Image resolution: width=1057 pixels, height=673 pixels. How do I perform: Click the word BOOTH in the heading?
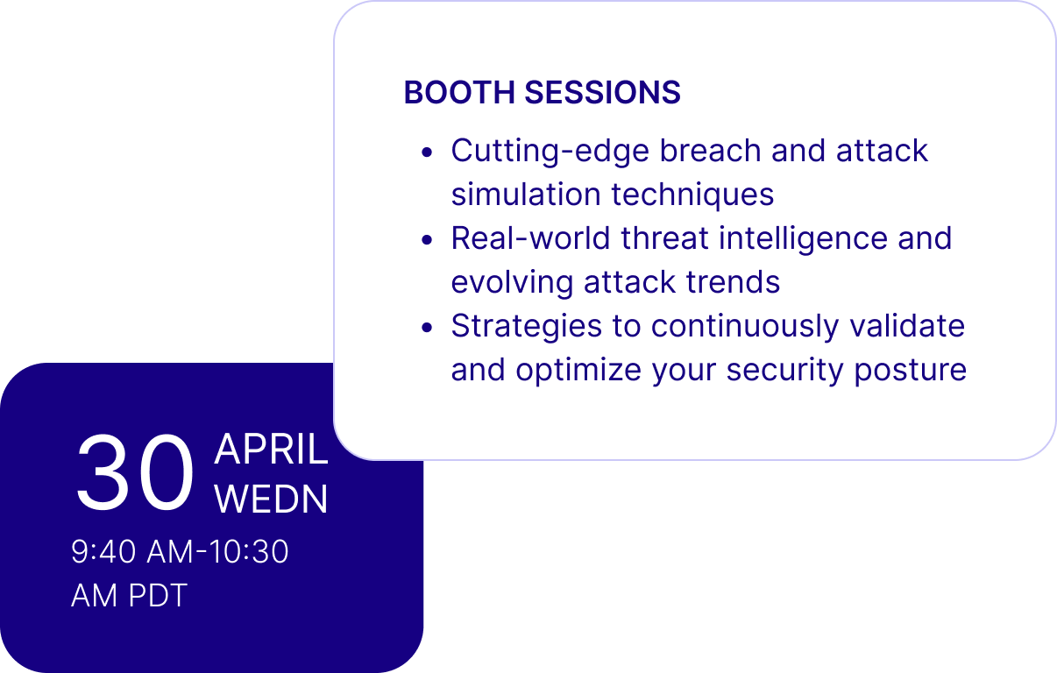[x=459, y=92]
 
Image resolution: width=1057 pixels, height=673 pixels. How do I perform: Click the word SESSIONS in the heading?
[x=603, y=92]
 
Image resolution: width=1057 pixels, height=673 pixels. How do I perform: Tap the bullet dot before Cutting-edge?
[x=427, y=152]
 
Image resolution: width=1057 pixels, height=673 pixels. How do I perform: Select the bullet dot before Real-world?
[x=427, y=240]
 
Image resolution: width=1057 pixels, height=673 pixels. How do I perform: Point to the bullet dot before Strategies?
[x=427, y=328]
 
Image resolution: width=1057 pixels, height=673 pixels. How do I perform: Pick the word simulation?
[x=526, y=195]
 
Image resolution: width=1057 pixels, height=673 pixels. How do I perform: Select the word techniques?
[x=692, y=195]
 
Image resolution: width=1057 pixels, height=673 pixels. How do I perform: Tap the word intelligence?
[x=803, y=239]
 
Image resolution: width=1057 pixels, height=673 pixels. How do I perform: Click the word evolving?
[x=512, y=283]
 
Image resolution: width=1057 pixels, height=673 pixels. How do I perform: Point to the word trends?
[x=733, y=282]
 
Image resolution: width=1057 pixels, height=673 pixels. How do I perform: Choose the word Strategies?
[x=527, y=327]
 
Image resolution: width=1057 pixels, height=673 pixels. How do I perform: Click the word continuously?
[x=745, y=327]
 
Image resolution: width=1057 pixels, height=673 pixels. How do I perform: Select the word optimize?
[x=578, y=370]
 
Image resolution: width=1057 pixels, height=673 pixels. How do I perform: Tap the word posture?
[x=911, y=371]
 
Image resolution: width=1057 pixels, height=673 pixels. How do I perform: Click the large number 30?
[x=135, y=472]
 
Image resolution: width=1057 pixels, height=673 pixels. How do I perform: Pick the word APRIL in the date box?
[x=271, y=450]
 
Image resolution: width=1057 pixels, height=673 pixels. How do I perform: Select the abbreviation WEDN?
[x=271, y=499]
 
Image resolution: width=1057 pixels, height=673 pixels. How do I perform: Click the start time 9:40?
[x=103, y=551]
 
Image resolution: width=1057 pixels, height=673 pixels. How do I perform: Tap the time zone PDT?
[x=158, y=595]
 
